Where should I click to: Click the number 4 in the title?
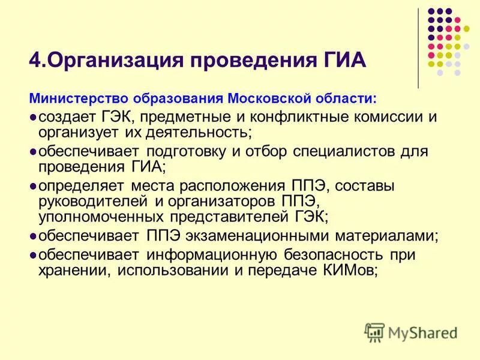click(34, 61)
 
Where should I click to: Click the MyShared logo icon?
click(375, 332)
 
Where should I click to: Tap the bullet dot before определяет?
click(33, 187)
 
